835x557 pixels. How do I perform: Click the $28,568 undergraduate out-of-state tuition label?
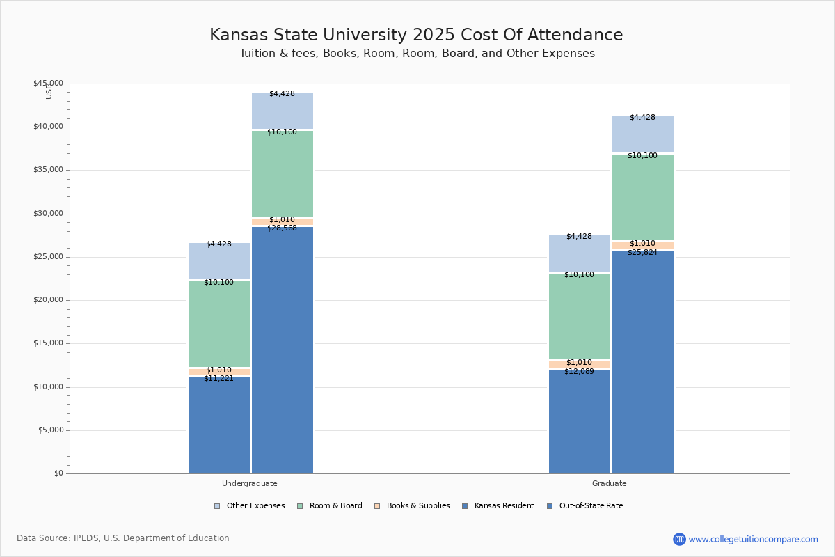click(282, 228)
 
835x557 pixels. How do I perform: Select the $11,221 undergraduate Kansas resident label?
click(218, 379)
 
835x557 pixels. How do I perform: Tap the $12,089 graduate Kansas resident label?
click(579, 372)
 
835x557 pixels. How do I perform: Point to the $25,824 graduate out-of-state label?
click(642, 253)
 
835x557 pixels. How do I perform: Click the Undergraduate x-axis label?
click(249, 483)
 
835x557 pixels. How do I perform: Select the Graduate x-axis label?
click(609, 483)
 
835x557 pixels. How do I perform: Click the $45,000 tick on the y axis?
click(48, 84)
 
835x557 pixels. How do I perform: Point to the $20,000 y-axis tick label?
click(48, 300)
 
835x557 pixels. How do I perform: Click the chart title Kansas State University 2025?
click(416, 36)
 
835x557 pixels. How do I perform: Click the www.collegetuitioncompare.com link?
click(753, 539)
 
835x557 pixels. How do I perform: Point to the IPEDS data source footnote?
click(123, 538)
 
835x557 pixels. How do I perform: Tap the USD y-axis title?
click(49, 91)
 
